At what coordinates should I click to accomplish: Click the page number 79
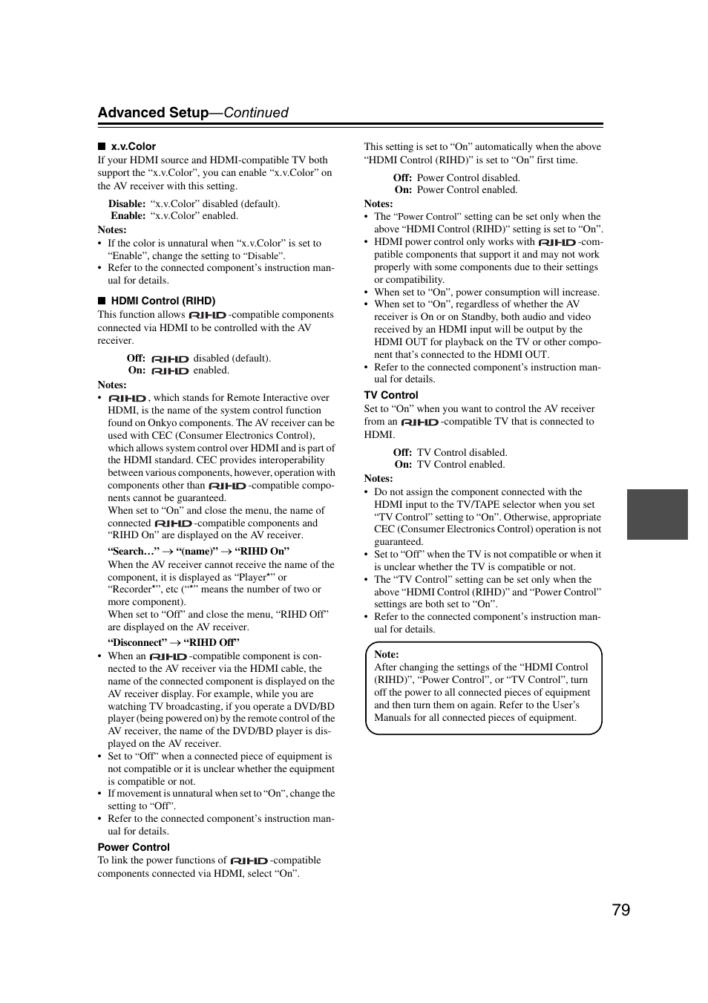pos(621,910)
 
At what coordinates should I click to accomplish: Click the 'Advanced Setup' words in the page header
pos(153,113)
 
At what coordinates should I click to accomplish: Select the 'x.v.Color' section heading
pos(134,146)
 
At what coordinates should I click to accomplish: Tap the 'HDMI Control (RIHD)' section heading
pos(163,301)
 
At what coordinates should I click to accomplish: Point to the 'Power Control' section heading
pos(134,847)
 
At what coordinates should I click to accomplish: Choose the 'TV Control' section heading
pos(391,395)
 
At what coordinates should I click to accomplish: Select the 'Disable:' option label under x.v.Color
pos(127,203)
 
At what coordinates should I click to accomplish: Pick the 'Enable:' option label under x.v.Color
pos(128,216)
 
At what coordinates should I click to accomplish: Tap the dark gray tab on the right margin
pos(657,514)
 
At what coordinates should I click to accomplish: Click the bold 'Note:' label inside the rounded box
pos(387,654)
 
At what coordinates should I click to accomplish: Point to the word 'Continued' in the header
pos(256,113)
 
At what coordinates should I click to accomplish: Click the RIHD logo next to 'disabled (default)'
pos(170,359)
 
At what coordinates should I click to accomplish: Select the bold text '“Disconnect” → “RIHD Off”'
pos(174,643)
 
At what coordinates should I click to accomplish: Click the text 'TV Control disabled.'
pos(462,452)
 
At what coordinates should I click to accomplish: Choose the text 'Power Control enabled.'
pos(467,190)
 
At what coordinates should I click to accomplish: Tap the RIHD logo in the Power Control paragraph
pos(249,861)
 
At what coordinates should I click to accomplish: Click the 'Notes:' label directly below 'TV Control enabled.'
pos(378,479)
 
